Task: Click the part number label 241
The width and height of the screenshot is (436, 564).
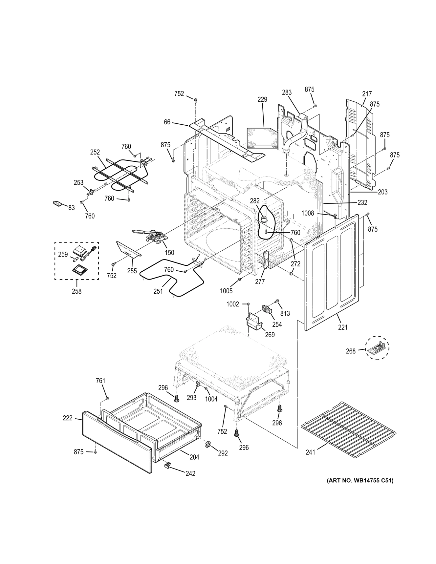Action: (x=310, y=452)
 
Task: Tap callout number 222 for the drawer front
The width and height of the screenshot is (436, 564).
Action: (x=68, y=418)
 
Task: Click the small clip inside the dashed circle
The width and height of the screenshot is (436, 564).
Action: (x=377, y=348)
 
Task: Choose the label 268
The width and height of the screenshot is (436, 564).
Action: (x=351, y=351)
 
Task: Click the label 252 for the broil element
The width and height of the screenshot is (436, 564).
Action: (x=95, y=152)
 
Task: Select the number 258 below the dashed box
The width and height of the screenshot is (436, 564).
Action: (x=76, y=291)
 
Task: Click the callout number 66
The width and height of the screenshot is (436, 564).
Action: (x=167, y=122)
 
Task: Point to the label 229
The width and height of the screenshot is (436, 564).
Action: (x=262, y=99)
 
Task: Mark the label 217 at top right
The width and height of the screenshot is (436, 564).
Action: (x=367, y=94)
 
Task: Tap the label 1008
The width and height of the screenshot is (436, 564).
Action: (x=308, y=214)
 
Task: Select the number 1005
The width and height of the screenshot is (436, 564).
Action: (x=226, y=291)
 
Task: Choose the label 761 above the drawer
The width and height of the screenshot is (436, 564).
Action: (x=100, y=381)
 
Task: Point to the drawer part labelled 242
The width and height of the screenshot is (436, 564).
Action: (x=167, y=465)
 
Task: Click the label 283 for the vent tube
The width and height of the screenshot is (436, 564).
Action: (x=287, y=93)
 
